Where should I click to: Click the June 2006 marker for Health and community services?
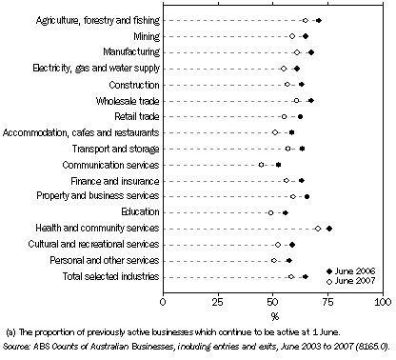pos(328,229)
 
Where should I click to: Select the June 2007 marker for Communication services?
pos(262,165)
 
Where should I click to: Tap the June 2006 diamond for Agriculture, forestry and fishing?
pos(318,20)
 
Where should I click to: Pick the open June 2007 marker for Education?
pos(270,212)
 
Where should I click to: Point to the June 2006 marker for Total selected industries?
pos(305,276)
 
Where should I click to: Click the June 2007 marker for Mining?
pos(292,36)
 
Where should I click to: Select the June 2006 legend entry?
pos(351,271)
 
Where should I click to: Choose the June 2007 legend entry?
pos(351,282)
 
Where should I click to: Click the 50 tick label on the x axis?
pos(273,302)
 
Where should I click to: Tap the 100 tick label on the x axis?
pos(383,302)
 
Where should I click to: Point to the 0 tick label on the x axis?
pos(164,302)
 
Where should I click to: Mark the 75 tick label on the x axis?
pos(328,302)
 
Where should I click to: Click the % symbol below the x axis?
pos(274,315)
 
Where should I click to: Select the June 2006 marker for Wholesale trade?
pos(310,100)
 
